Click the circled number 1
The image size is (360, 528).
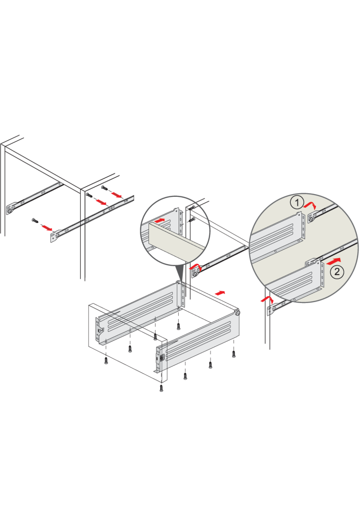297,203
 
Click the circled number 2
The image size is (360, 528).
337,271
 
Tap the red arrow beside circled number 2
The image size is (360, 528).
333,261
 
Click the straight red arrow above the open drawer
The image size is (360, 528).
220,293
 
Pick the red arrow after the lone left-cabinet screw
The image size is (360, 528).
46,228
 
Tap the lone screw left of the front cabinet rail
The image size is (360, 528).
35,221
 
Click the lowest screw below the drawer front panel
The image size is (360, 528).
161,388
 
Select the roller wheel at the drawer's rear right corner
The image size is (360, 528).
238,313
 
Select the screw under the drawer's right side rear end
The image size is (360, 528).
234,354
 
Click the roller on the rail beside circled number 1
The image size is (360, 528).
311,220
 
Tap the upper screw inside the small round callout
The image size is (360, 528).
191,208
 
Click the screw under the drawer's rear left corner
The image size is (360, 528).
179,326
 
